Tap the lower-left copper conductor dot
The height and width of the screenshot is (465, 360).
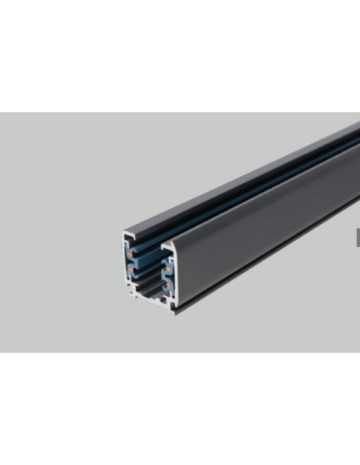[130, 271]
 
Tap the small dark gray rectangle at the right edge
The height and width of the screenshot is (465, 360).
[358, 236]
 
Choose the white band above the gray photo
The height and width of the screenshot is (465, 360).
[180, 56]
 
